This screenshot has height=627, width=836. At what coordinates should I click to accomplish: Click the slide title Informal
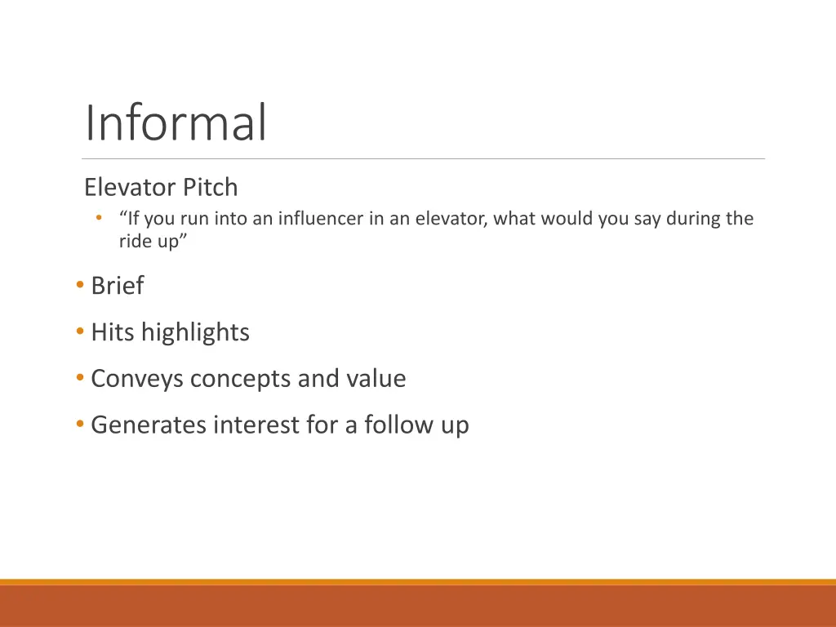point(176,122)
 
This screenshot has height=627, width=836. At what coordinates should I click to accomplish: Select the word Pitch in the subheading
point(210,188)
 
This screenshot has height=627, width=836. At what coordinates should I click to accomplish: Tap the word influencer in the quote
point(331,219)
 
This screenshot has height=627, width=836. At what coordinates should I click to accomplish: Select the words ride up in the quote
point(148,242)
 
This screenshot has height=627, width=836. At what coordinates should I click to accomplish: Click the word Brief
point(117,286)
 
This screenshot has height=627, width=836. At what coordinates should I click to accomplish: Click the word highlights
point(195,332)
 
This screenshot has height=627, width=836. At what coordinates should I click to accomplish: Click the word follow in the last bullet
point(397,425)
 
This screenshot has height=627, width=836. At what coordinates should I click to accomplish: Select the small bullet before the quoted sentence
point(98,218)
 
